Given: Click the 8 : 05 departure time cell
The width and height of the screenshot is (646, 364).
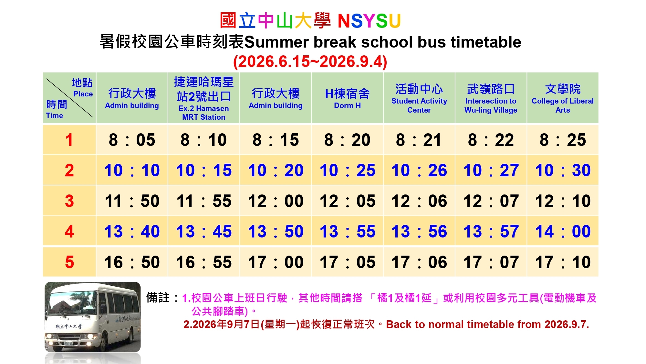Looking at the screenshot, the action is click(132, 140).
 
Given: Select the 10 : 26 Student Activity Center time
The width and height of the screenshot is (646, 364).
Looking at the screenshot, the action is click(419, 171).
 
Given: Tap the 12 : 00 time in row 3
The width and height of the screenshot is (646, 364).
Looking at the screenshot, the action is click(276, 201).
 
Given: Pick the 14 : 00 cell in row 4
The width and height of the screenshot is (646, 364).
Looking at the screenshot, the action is click(563, 231).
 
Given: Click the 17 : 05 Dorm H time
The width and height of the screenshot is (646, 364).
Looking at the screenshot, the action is click(347, 262).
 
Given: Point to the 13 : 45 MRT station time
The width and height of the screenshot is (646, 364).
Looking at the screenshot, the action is click(203, 231).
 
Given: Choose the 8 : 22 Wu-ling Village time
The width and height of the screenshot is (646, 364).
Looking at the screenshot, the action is click(491, 140).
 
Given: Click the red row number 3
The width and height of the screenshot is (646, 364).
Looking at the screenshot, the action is click(69, 201).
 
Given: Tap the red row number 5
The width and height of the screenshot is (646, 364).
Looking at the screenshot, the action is click(69, 262).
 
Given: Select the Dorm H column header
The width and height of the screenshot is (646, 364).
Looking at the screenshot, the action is click(347, 98).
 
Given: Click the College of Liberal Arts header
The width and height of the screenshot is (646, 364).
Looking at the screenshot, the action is click(563, 98).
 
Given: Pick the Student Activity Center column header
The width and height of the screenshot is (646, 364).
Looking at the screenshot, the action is click(419, 98).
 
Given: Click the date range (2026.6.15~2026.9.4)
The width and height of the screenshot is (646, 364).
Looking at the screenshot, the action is click(310, 61).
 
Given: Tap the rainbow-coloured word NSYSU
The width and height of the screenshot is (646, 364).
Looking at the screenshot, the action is click(369, 21).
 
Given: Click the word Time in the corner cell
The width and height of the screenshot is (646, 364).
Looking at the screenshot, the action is click(55, 116).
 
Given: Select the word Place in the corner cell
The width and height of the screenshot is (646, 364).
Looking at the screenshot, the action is click(83, 94).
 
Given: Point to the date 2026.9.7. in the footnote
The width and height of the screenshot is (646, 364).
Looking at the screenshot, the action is click(567, 324).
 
